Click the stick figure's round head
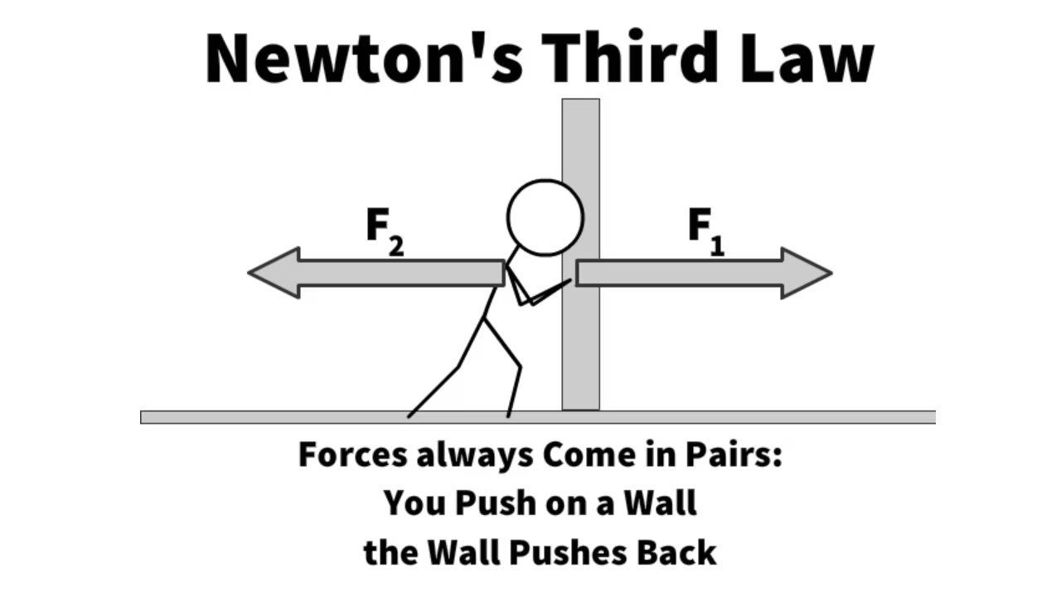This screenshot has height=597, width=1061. [545, 217]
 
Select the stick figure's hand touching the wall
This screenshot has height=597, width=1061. [568, 282]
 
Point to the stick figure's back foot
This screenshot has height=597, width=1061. [409, 414]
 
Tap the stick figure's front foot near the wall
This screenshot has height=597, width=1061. [509, 413]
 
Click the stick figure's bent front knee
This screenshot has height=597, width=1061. [519, 365]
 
